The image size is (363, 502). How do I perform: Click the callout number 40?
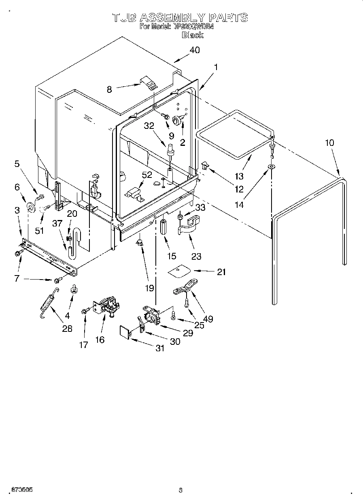click(195, 50)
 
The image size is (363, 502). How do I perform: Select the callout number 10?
click(329, 143)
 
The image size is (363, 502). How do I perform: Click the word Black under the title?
click(192, 35)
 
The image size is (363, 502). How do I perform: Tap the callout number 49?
click(207, 319)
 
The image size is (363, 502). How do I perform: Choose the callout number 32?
click(149, 126)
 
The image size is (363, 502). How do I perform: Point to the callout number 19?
click(150, 288)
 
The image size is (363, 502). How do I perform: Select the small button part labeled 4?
click(74, 289)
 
